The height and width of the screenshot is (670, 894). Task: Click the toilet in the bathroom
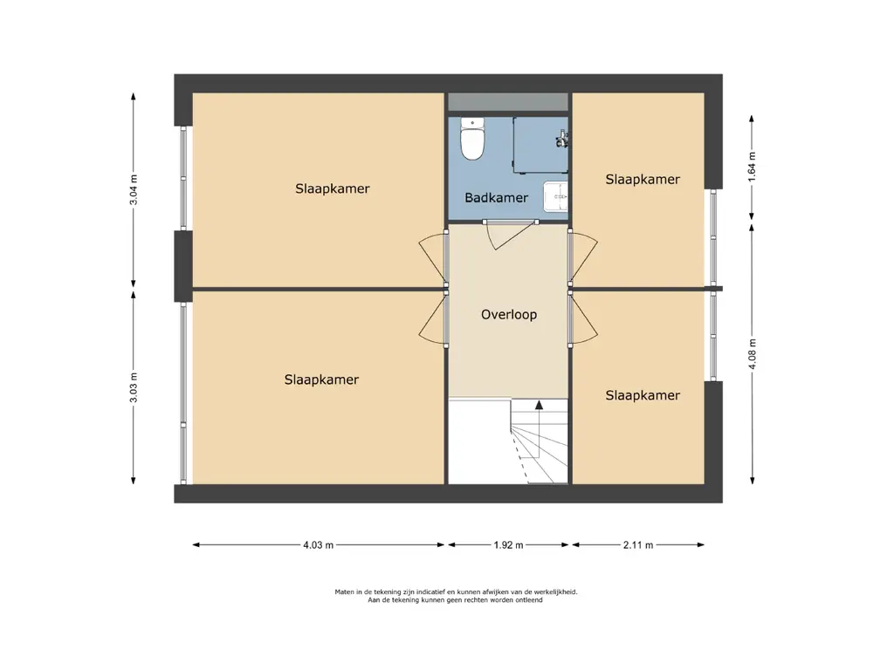click(472, 139)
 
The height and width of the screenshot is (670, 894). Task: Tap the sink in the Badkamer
click(555, 196)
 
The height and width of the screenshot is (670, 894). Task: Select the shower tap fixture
click(563, 139)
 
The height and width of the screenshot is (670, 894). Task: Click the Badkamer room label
click(496, 198)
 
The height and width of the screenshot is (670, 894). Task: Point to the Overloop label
click(509, 314)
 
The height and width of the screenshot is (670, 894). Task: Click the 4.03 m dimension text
click(318, 545)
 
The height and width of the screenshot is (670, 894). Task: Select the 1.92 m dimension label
click(509, 545)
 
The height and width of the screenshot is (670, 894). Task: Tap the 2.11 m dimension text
click(638, 545)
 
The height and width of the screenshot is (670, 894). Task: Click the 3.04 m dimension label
click(134, 189)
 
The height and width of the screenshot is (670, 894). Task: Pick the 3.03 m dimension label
click(134, 387)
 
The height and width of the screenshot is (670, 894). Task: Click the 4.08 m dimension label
click(752, 354)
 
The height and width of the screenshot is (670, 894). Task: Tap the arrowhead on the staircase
click(539, 405)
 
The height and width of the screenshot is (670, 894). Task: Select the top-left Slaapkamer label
click(333, 188)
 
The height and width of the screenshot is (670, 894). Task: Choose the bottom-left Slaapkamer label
click(321, 379)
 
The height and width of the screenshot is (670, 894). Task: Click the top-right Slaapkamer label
click(643, 180)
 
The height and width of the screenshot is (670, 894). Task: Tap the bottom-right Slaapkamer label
click(643, 395)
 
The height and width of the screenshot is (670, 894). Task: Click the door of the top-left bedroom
click(433, 257)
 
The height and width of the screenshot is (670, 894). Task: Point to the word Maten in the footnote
click(344, 592)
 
